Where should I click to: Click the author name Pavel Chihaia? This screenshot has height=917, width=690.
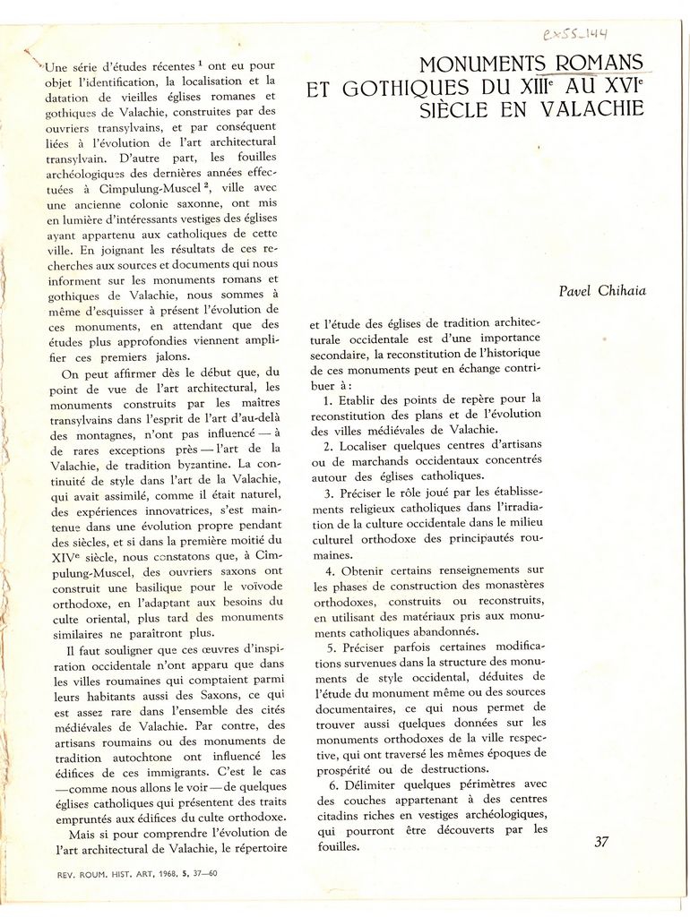(x=602, y=291)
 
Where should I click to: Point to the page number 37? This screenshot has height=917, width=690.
(x=601, y=841)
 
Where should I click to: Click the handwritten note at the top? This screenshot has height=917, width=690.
(x=574, y=35)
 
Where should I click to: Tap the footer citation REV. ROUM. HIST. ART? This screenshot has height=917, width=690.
(x=108, y=874)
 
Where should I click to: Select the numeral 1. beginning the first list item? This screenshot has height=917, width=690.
(x=328, y=399)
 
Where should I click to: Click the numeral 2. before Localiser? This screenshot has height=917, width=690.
(x=329, y=445)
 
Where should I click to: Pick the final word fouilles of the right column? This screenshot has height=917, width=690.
(x=337, y=845)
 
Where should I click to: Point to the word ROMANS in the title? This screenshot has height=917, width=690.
(x=599, y=64)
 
